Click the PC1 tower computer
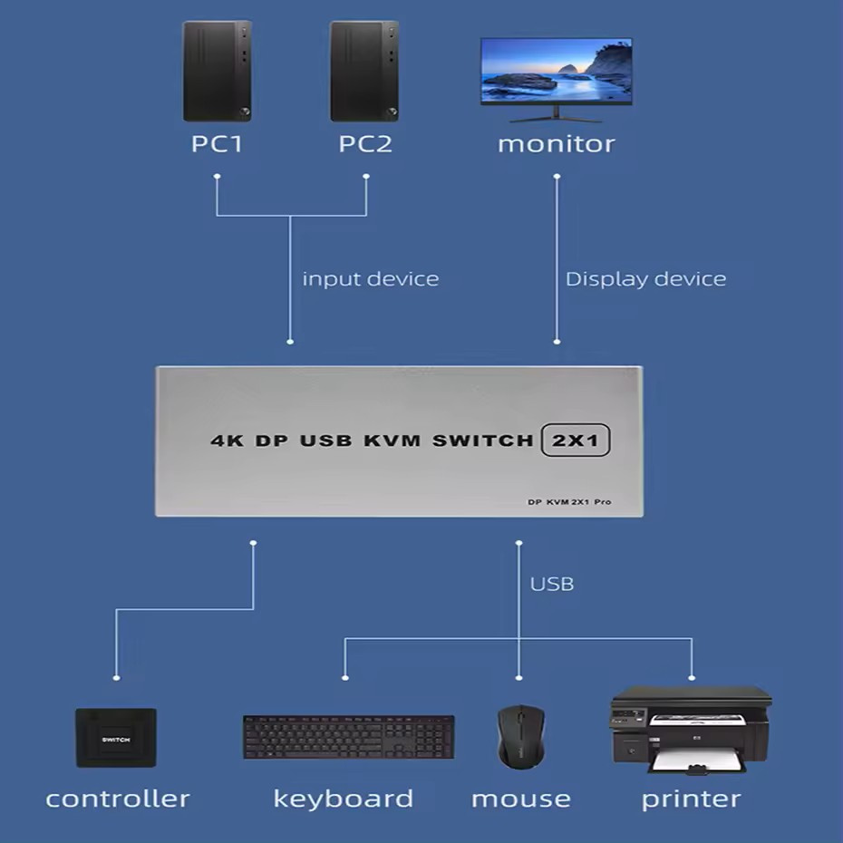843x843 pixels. point(218,72)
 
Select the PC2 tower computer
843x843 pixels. point(364,72)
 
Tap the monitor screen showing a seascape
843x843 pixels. point(556,73)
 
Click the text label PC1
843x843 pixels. point(217,144)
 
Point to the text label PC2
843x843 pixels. point(365,144)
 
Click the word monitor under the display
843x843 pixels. point(556,144)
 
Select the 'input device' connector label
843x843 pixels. point(370,279)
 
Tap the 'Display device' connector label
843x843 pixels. point(645,279)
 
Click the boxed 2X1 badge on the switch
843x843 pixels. point(576,441)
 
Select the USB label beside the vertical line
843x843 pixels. point(552,584)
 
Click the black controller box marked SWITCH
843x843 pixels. point(116,738)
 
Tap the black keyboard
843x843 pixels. point(348,737)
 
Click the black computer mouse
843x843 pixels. point(520,736)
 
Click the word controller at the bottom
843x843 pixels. point(118,799)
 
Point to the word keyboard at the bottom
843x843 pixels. point(343,799)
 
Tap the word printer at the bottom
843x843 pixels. point(691,799)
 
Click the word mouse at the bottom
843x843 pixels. point(520,799)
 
